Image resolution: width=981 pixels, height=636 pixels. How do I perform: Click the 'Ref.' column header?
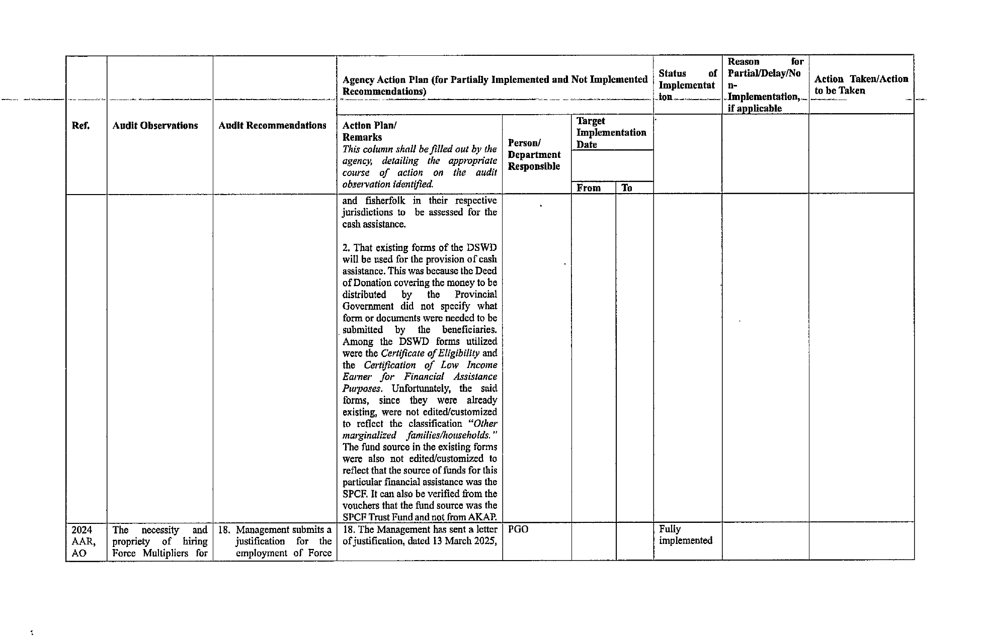pos(81,126)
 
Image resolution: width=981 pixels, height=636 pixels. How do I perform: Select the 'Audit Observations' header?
pos(155,126)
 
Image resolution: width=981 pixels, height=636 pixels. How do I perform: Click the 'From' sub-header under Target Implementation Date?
pos(589,188)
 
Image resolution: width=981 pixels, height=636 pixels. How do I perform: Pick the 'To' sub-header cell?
pos(627,188)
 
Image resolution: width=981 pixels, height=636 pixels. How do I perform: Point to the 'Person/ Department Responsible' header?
pos(534,155)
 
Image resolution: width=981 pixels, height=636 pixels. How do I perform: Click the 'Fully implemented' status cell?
pos(685,535)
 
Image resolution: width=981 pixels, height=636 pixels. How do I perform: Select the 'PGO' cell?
pos(518,530)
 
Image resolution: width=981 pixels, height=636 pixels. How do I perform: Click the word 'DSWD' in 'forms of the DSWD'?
pos(482,248)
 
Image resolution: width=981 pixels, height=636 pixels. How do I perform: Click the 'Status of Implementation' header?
pos(687,85)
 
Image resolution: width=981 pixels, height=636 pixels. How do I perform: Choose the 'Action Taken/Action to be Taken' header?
pos(861,85)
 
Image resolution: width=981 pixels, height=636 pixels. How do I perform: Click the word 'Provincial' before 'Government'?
pos(475,295)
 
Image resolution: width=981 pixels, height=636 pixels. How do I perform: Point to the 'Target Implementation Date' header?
pos(611,133)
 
